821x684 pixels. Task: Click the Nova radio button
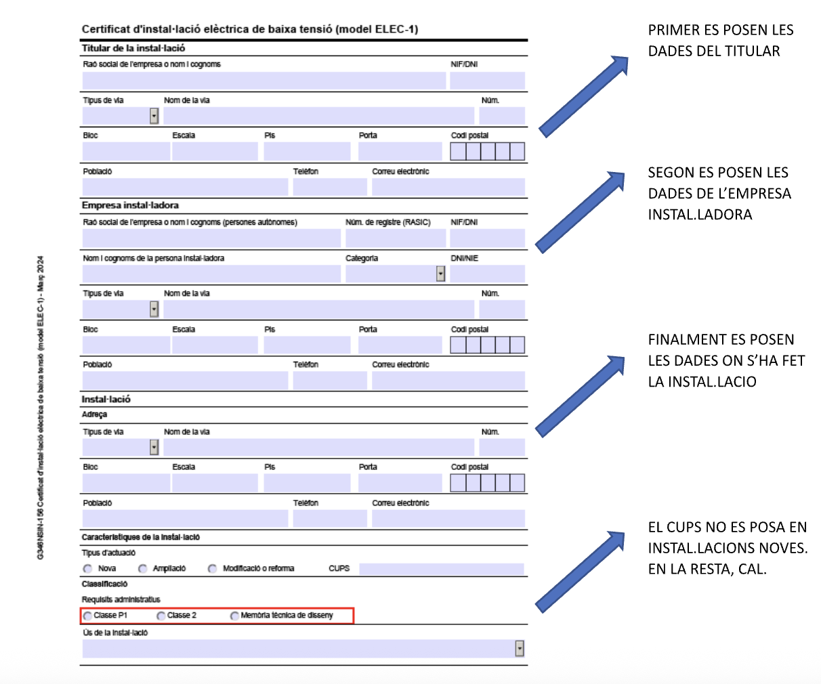tap(88, 569)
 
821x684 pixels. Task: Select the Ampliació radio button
tap(143, 569)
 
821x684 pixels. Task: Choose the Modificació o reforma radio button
tap(213, 569)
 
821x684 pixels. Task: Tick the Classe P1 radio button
tap(88, 616)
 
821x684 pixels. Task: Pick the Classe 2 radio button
tap(161, 616)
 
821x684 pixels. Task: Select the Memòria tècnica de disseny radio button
tap(234, 616)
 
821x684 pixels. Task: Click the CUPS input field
tap(442, 569)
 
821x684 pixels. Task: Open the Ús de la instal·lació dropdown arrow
tap(520, 648)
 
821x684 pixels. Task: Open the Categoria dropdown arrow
tap(441, 274)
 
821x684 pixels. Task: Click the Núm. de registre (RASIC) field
tap(396, 238)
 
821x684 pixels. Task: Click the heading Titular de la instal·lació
tap(133, 48)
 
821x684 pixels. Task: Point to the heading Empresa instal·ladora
tap(130, 205)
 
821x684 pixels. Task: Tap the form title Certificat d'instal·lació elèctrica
tap(250, 29)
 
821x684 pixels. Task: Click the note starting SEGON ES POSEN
tap(719, 194)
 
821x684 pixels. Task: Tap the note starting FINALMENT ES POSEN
tap(725, 360)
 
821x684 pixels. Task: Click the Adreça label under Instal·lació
tap(94, 414)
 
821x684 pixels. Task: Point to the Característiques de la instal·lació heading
tap(141, 537)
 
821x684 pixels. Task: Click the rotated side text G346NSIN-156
tap(41, 406)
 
